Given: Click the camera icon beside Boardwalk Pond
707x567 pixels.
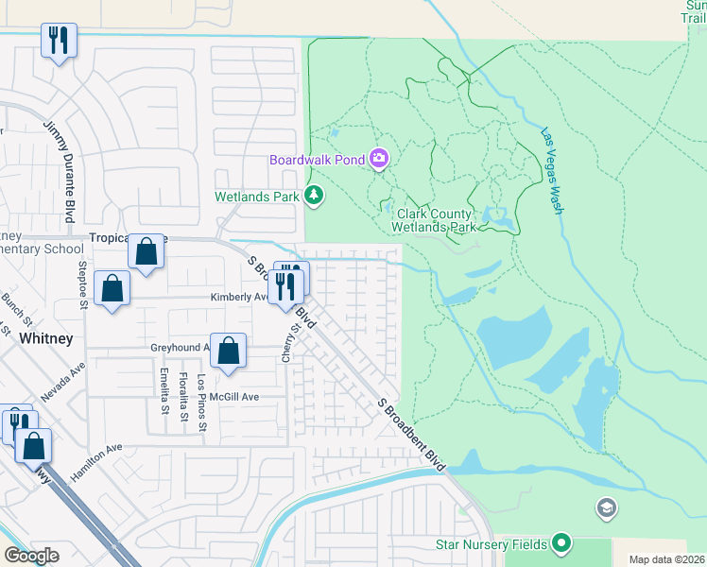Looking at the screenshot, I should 379,159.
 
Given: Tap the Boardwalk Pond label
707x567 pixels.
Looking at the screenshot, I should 317,160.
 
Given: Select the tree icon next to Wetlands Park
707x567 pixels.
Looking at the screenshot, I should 314,197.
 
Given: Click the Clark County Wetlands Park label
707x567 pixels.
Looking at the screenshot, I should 435,221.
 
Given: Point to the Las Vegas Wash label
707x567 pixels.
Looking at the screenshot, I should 550,170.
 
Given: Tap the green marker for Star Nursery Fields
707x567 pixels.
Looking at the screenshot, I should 562,543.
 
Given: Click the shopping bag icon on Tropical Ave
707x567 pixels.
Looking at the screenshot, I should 146,252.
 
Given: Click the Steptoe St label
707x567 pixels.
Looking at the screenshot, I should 83,285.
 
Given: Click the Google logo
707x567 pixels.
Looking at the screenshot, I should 31,556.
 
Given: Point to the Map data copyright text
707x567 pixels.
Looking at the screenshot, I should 666,559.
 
